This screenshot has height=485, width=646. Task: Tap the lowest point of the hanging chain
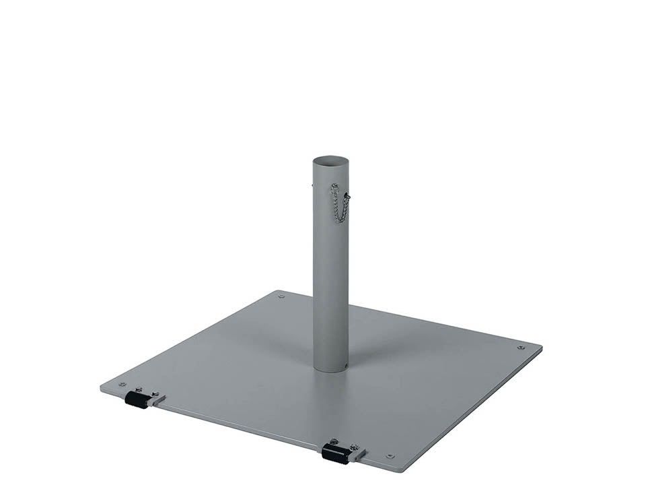click(340, 220)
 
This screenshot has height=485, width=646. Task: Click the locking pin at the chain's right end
click(347, 197)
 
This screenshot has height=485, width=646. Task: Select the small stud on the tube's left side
click(312, 181)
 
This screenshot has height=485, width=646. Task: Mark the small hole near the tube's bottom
click(345, 367)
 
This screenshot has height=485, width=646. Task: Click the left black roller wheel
click(137, 401)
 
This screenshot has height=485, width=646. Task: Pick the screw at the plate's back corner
click(281, 296)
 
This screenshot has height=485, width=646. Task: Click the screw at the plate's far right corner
click(520, 348)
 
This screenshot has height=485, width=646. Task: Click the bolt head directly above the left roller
click(139, 389)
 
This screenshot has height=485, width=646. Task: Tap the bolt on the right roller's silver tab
click(355, 447)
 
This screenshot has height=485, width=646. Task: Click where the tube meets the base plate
click(330, 369)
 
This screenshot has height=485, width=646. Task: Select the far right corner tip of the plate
click(541, 348)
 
